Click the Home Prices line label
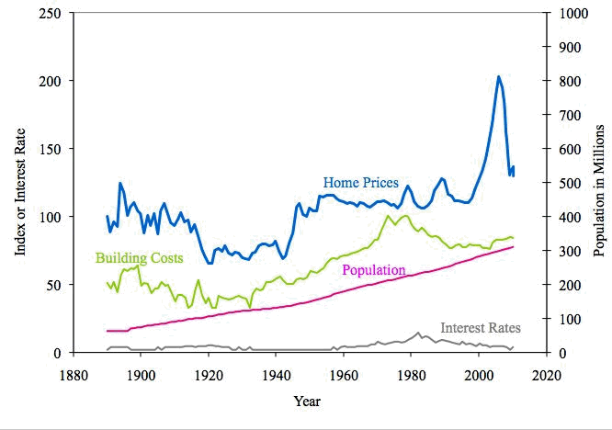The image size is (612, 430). tap(359, 182)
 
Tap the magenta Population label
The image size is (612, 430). tap(373, 270)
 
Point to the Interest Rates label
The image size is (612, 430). tap(481, 327)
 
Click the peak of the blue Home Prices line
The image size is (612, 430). tap(498, 76)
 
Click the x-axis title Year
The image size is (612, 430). tap(308, 401)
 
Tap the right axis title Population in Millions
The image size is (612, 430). tap(601, 183)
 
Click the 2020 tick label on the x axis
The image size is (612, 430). tap(546, 374)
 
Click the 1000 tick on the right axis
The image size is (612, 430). tap(572, 13)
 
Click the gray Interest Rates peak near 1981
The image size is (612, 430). tap(418, 333)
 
